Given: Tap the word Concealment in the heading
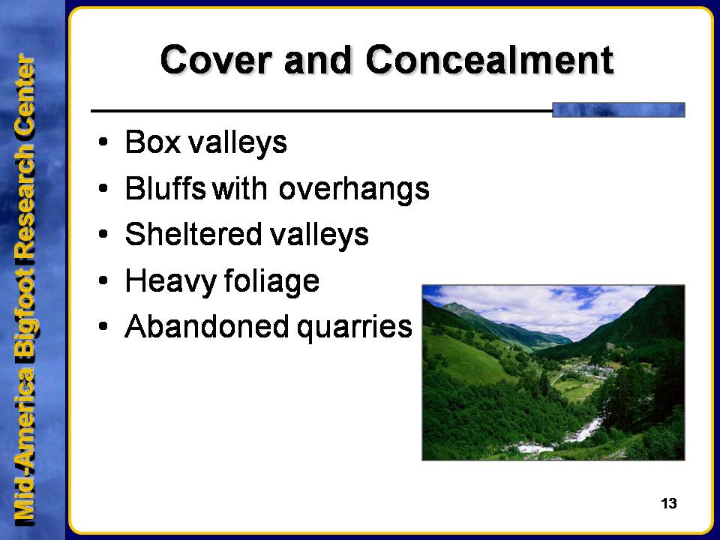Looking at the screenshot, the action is [x=490, y=60].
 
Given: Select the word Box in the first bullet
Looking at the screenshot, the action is [x=152, y=142].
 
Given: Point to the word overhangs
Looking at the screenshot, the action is [x=354, y=189].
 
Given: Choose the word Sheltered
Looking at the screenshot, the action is [x=193, y=234].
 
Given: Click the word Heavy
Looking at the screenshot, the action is [x=170, y=281].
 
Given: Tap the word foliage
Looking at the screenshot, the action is [x=271, y=281].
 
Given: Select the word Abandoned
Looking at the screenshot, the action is [x=207, y=326].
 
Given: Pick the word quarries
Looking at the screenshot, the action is [x=355, y=328].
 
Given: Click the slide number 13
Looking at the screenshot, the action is [x=668, y=504].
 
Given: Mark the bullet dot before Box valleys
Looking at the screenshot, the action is [x=103, y=142].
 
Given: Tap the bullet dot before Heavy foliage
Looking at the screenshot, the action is [x=103, y=280].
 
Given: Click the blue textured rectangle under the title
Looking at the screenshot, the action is [x=619, y=110].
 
